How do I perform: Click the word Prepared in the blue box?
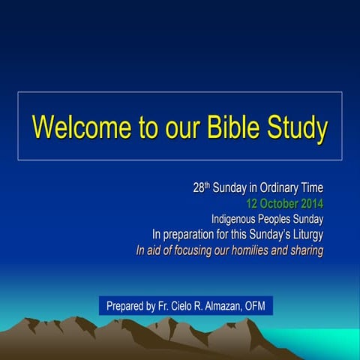coord(127,306)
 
